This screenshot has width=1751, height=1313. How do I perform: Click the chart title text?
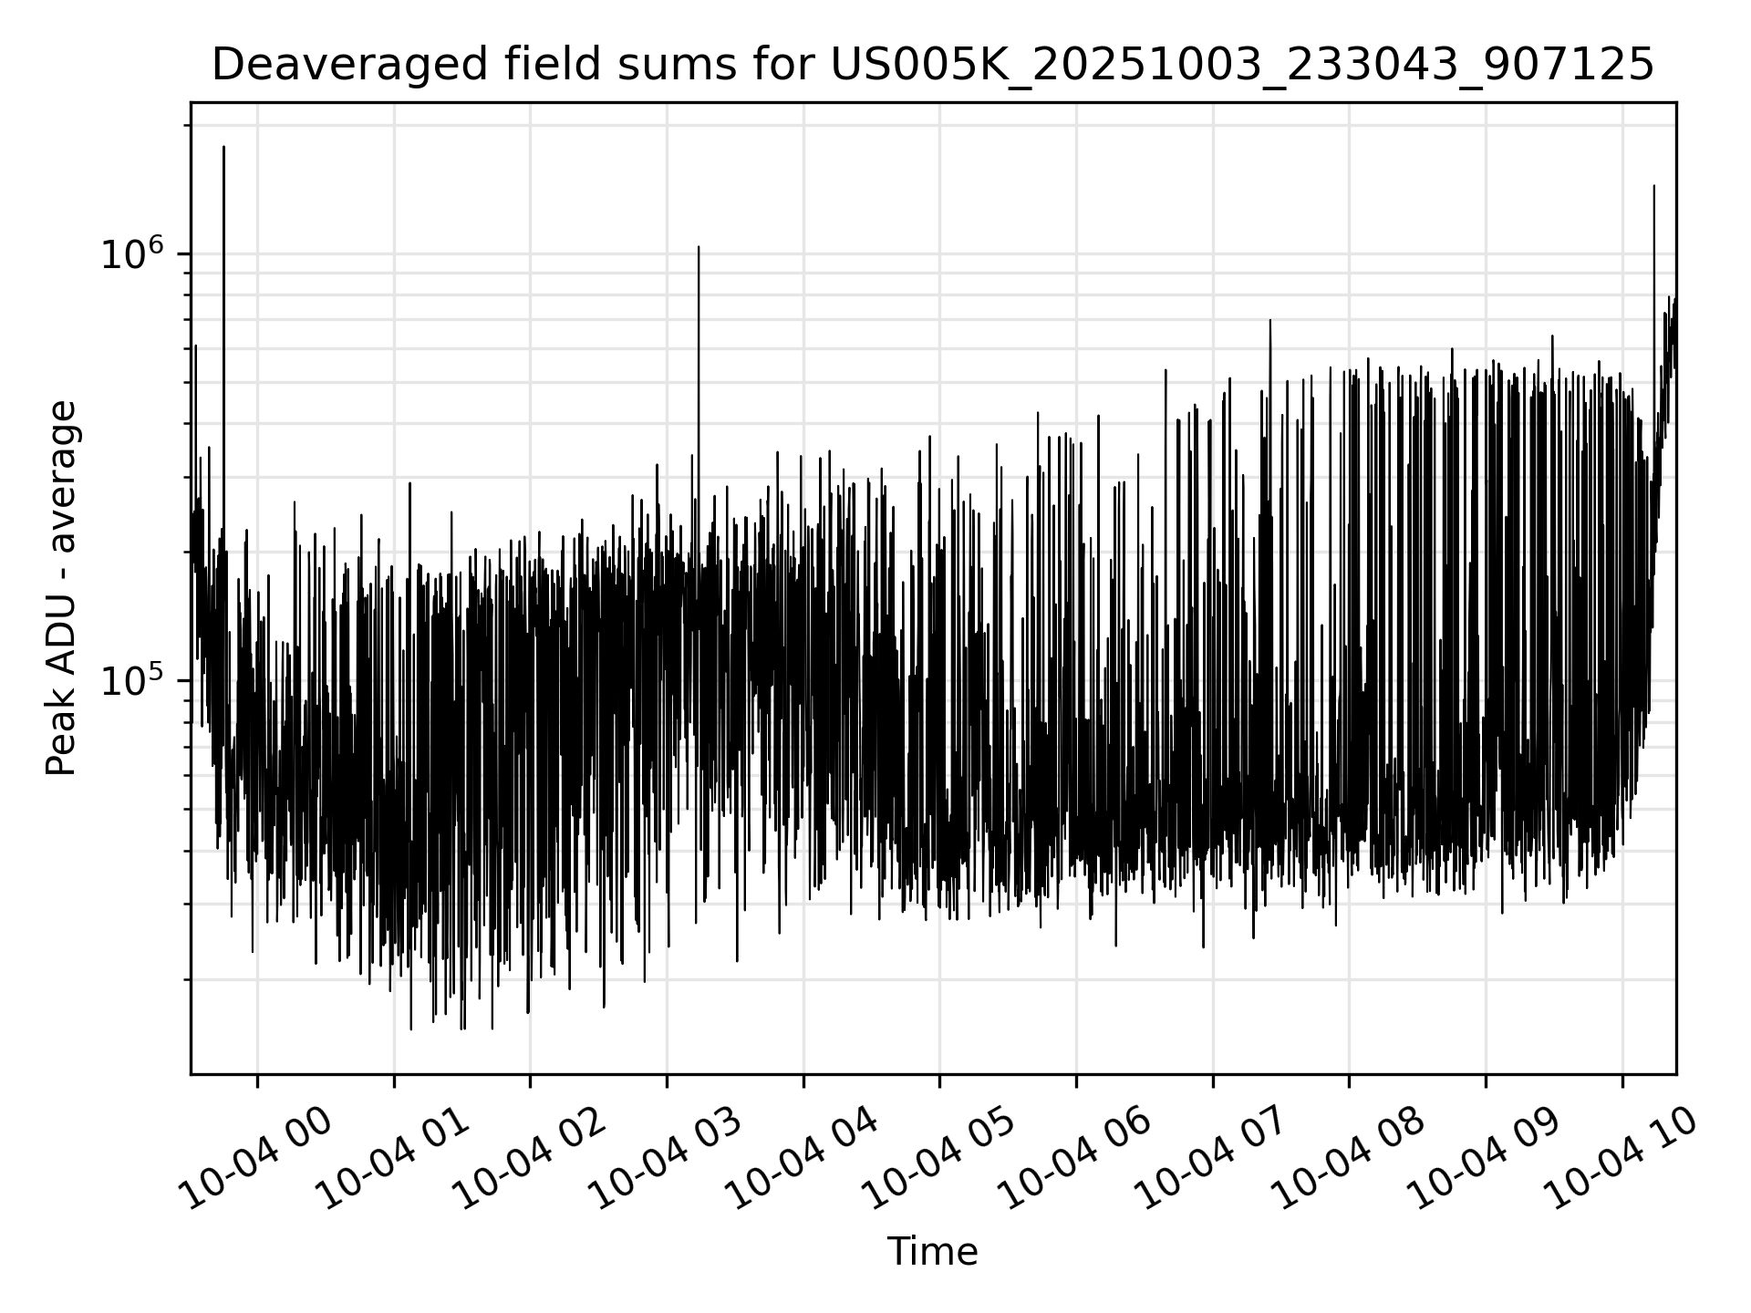coord(932,65)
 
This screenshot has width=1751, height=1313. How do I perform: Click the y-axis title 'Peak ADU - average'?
coord(62,588)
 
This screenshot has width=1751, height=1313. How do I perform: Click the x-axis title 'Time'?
coord(932,1252)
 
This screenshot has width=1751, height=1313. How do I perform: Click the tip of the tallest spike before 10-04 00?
coord(223,147)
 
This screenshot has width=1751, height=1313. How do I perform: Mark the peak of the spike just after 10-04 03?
coord(699,247)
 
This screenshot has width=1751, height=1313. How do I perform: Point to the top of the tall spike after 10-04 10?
coord(1653,186)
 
